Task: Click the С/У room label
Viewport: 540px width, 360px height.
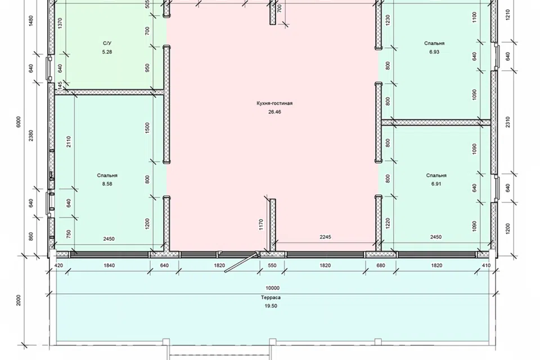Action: click(107, 43)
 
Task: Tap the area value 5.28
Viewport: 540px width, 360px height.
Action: click(107, 52)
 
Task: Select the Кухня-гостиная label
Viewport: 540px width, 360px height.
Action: click(274, 103)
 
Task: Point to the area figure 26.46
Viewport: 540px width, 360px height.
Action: click(274, 111)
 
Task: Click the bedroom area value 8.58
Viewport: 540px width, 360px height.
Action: click(107, 183)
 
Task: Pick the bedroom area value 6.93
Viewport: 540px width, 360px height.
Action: click(434, 52)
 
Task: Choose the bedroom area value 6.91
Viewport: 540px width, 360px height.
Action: click(436, 183)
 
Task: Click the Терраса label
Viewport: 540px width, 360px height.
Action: click(271, 298)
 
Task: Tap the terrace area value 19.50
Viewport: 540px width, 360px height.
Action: click(271, 306)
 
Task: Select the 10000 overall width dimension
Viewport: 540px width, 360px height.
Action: click(272, 288)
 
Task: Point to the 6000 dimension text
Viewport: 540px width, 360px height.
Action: click(19, 121)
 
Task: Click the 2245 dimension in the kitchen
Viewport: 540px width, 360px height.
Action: click(325, 237)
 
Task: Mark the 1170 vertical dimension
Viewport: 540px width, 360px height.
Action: click(260, 224)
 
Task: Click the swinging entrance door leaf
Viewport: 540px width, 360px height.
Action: click(241, 263)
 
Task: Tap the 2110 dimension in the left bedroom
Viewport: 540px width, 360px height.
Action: click(69, 142)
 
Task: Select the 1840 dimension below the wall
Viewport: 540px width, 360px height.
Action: click(109, 265)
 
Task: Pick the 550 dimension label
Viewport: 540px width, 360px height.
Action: click(272, 265)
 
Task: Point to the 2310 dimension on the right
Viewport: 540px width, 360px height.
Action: click(508, 122)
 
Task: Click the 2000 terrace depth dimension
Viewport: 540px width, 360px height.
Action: click(19, 300)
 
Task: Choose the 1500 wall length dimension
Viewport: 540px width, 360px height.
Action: click(147, 128)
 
